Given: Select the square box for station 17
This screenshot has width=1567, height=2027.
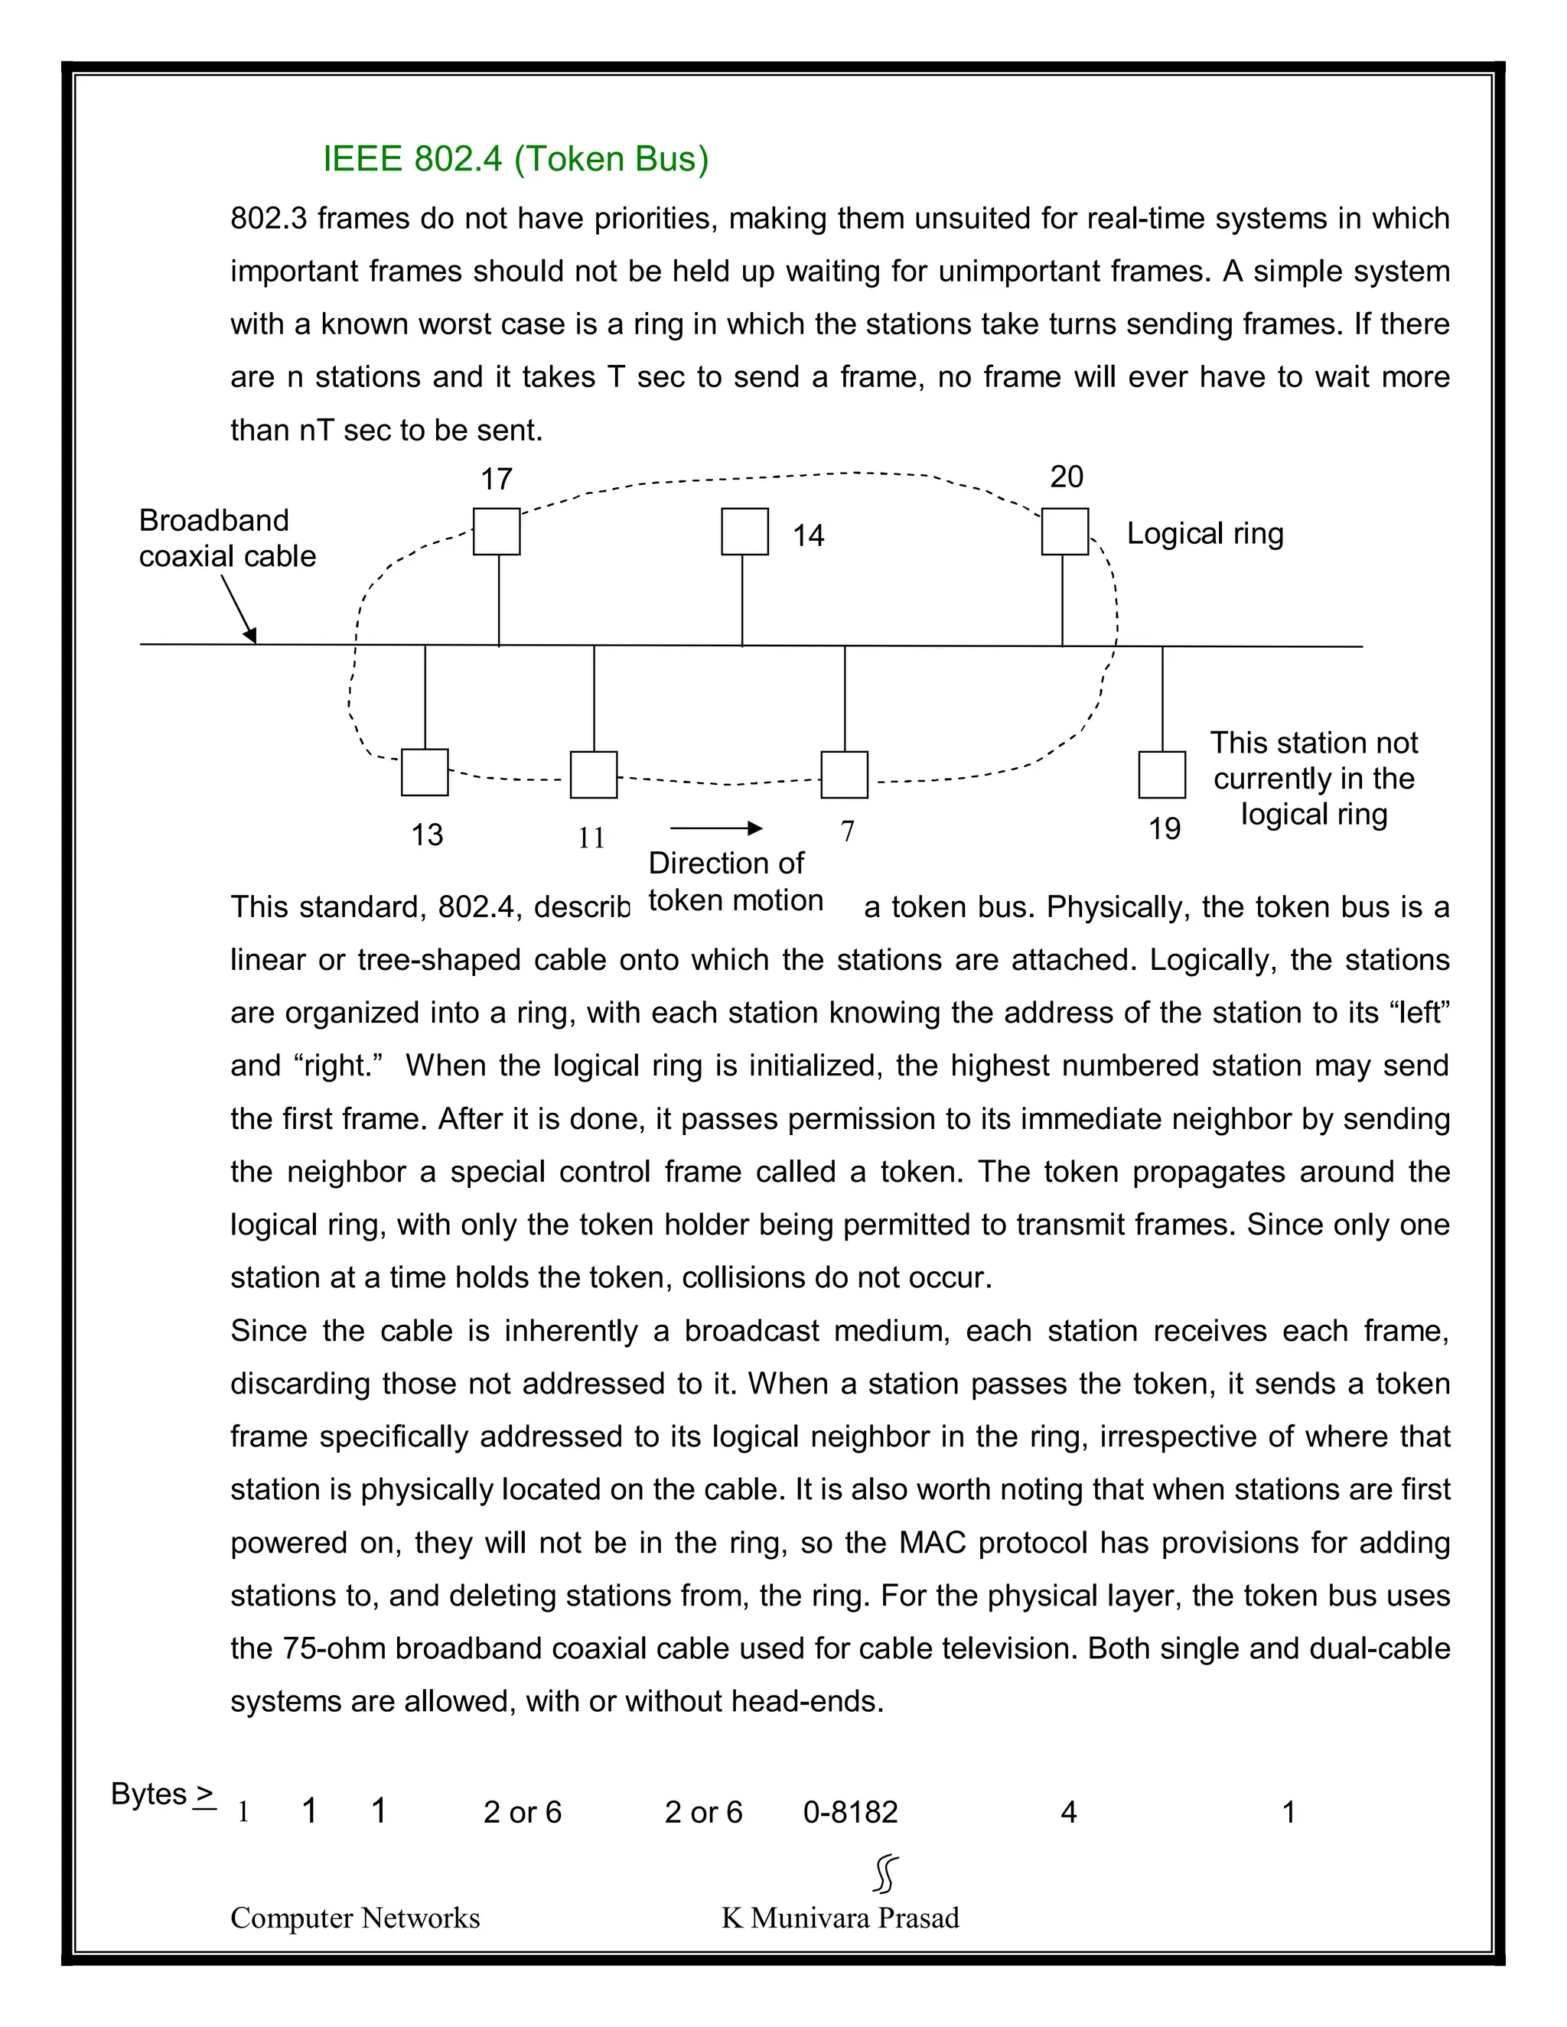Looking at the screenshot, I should pyautogui.click(x=497, y=532).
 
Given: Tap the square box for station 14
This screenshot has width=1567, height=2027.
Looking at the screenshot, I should pyautogui.click(x=744, y=532).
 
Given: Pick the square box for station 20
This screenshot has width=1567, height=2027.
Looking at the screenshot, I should pyautogui.click(x=1065, y=532).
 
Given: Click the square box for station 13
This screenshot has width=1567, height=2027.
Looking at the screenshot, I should pyautogui.click(x=424, y=773).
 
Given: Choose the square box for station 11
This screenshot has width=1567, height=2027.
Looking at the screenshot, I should pyautogui.click(x=593, y=775).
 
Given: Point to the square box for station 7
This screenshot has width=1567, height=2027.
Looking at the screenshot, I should pyautogui.click(x=844, y=775).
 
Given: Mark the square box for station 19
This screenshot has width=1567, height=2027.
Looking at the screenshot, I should pyautogui.click(x=1161, y=775).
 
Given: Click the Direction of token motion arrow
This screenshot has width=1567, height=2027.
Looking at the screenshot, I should pyautogui.click(x=715, y=828).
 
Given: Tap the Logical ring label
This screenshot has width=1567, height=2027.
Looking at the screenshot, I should pyautogui.click(x=1205, y=534).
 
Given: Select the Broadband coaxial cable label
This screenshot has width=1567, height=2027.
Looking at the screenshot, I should pyautogui.click(x=227, y=538).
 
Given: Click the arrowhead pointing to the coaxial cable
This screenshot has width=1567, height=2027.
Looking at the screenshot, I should pyautogui.click(x=251, y=636).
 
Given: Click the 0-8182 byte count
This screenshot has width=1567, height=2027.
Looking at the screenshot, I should pyautogui.click(x=850, y=1811).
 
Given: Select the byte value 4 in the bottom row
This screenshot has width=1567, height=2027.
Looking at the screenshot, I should pyautogui.click(x=1068, y=1811).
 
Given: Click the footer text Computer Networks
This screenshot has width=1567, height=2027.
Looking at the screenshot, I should pyautogui.click(x=354, y=1918).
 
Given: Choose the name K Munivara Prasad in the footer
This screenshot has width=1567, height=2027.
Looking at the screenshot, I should pyautogui.click(x=840, y=1918).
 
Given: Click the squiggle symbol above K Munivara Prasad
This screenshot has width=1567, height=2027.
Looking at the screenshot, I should pyautogui.click(x=885, y=1874).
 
